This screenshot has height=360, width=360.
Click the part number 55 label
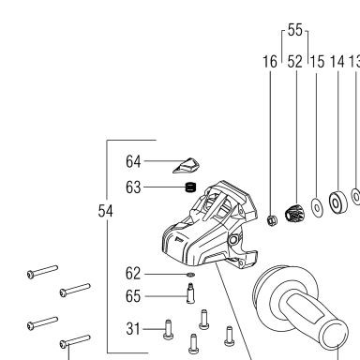[295, 30]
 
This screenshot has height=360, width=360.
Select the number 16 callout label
[270, 62]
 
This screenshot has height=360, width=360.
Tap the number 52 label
[294, 62]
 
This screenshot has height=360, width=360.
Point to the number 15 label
[318, 62]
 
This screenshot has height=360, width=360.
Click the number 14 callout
[337, 62]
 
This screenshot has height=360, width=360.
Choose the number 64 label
[133, 161]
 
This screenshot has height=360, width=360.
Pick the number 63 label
[133, 187]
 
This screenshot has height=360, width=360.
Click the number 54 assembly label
[105, 211]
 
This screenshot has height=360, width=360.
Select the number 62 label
[133, 274]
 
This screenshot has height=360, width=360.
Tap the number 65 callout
[133, 296]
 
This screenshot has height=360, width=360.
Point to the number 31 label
[133, 329]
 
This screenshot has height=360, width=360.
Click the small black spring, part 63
[190, 187]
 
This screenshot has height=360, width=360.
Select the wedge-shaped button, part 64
[187, 165]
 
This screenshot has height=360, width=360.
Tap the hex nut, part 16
[272, 220]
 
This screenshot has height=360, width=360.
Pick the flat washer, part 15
[317, 207]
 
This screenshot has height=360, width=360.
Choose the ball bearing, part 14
[337, 202]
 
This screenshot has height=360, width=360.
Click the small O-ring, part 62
[190, 275]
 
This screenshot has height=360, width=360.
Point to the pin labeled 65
[190, 292]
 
